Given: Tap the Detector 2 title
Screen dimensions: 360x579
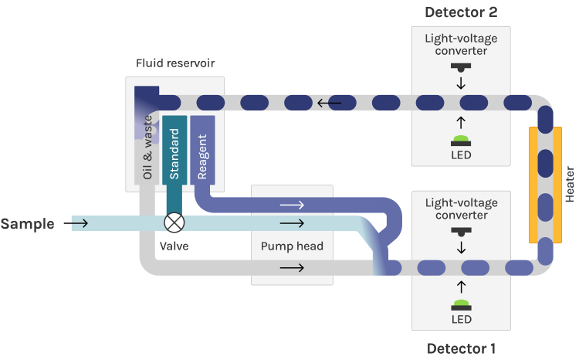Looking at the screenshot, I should [461, 12].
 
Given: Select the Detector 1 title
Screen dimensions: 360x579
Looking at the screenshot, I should [461, 348].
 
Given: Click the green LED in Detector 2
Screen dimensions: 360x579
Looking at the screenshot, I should [461, 140].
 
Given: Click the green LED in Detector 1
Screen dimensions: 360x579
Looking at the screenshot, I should [461, 303].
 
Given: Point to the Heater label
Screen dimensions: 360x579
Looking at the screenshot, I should [571, 182].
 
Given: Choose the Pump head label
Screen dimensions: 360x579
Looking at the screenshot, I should [293, 247].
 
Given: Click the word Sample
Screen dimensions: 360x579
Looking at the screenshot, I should [28, 224].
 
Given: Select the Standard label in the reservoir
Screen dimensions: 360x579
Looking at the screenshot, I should [174, 154].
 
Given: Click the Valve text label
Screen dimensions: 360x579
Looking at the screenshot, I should [174, 246].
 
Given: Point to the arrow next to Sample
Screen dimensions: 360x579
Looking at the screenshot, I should [80, 224].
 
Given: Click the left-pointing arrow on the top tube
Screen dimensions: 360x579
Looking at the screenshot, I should [331, 101].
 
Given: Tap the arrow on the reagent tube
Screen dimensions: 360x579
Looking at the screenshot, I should [292, 205].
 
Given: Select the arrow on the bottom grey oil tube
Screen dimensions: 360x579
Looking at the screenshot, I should [292, 268].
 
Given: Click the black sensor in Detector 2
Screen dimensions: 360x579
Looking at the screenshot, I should [461, 66].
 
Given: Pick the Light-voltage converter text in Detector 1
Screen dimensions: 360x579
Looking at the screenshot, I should [461, 209].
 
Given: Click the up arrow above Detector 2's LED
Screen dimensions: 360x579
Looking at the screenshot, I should [461, 121].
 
